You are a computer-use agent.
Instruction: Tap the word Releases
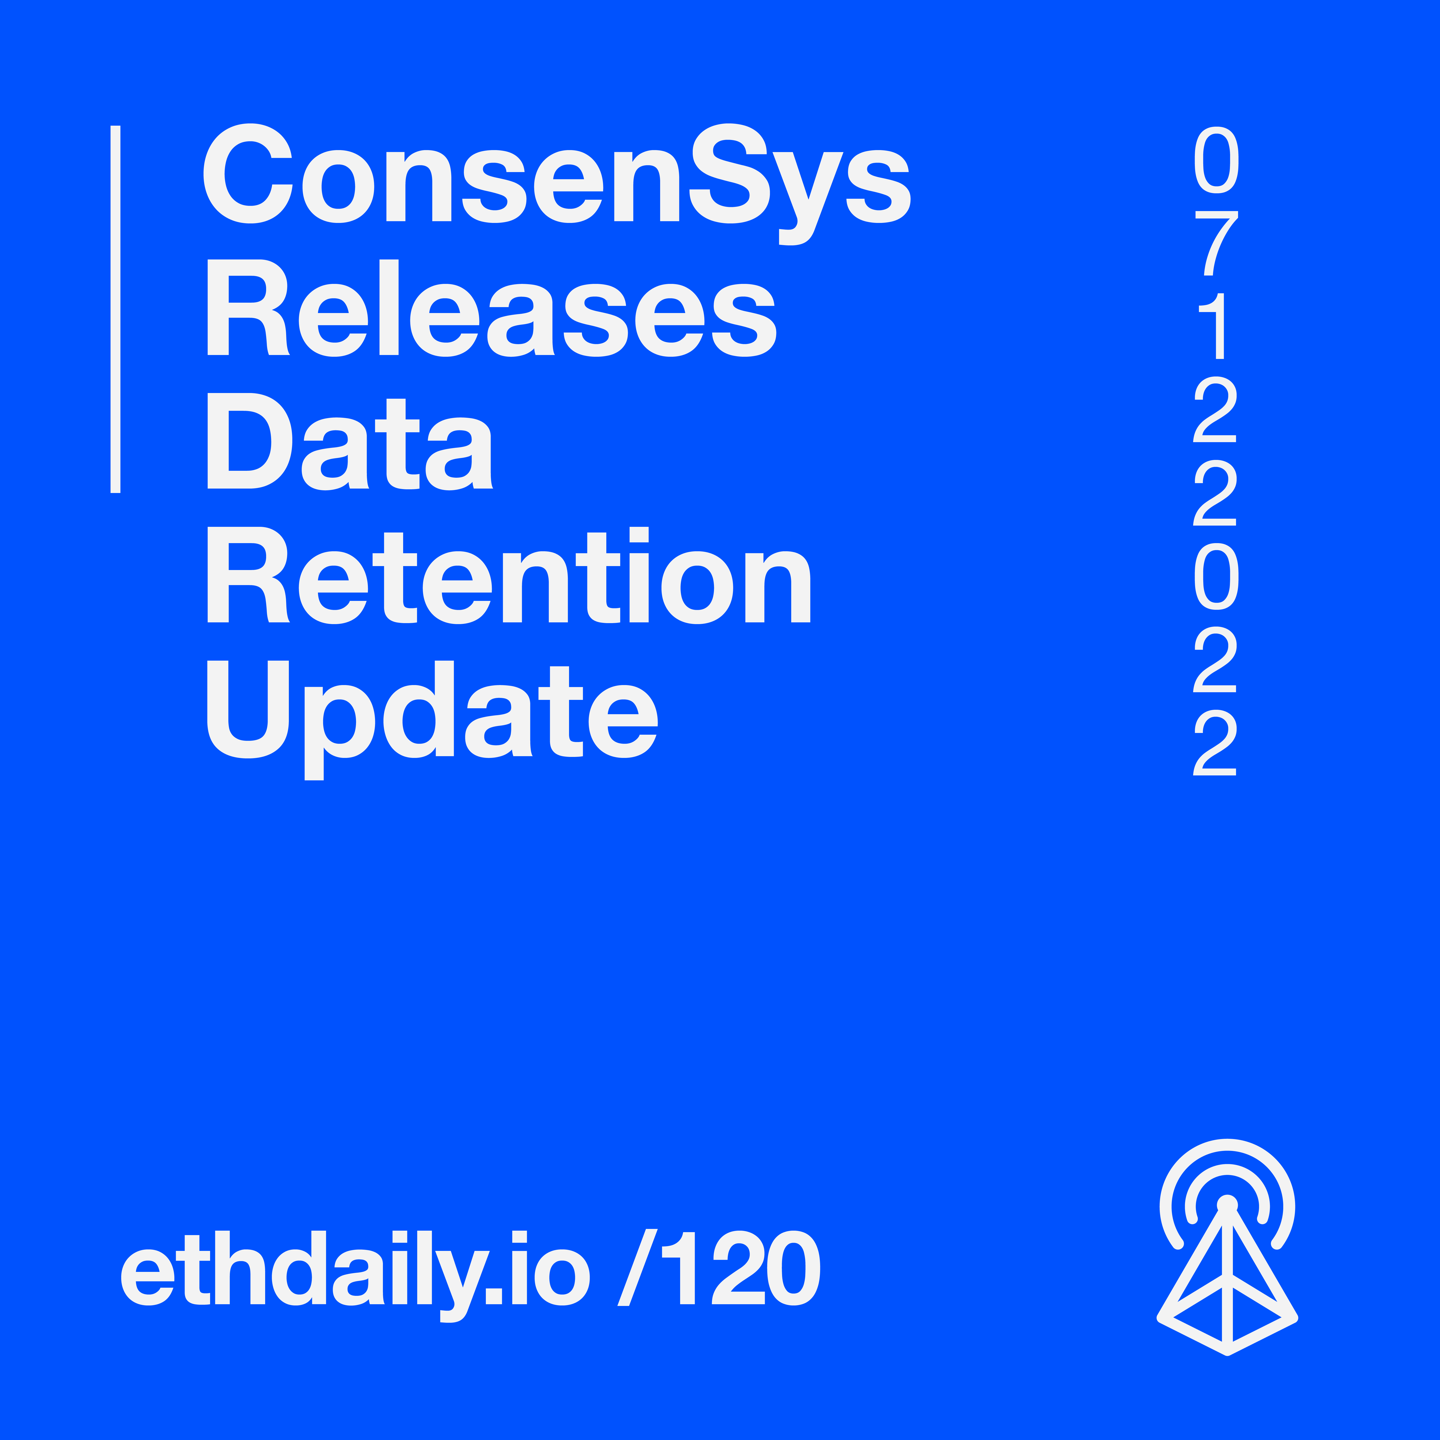[491, 308]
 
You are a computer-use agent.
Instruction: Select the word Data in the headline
[350, 441]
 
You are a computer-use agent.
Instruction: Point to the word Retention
[508, 575]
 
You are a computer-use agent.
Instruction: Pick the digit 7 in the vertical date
[1216, 243]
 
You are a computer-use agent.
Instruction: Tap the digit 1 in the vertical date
[1213, 326]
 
